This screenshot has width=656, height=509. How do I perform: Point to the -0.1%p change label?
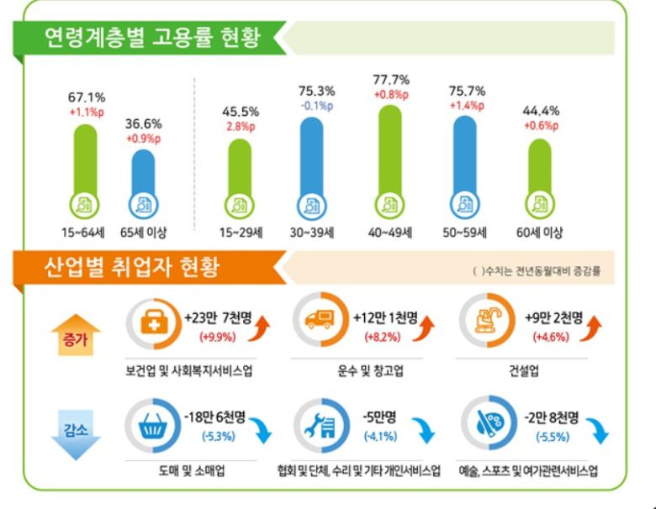tap(312, 106)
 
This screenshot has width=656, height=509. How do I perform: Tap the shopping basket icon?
tap(152, 426)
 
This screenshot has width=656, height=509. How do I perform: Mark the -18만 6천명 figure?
tap(215, 418)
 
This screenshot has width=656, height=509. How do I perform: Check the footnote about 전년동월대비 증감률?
tap(537, 272)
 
